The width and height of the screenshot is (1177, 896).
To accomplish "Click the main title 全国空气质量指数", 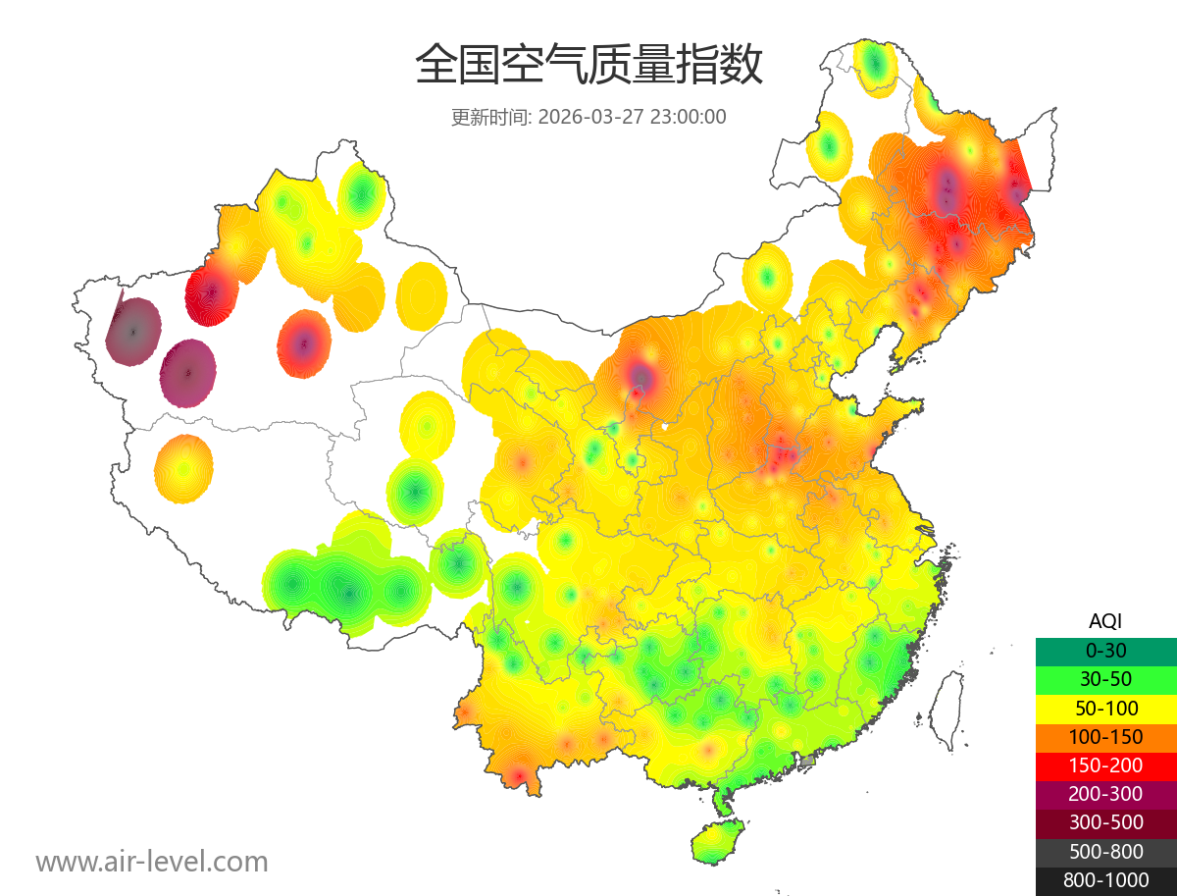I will [x=588, y=65].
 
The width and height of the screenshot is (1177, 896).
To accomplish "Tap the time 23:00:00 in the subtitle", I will [x=688, y=117].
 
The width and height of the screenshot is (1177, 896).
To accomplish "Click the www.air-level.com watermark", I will [x=152, y=862].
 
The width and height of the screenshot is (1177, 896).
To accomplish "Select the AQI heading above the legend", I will [x=1105, y=620].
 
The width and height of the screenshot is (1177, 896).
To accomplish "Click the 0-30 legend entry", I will [x=1105, y=651].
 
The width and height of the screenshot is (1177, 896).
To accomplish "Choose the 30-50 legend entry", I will [x=1105, y=679].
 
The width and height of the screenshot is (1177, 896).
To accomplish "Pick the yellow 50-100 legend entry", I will [x=1105, y=708].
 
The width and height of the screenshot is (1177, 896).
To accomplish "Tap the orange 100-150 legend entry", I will [x=1105, y=737].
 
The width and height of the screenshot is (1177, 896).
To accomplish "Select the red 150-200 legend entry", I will [x=1105, y=765].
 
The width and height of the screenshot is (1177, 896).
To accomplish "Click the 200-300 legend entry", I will [x=1105, y=794].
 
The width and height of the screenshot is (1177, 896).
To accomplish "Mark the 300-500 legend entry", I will [x=1105, y=822].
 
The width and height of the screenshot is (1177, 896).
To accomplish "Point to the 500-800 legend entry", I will [x=1105, y=852].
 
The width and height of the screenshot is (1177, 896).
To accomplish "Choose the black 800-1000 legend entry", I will [x=1105, y=880].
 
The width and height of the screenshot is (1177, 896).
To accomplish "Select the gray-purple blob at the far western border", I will [x=133, y=332].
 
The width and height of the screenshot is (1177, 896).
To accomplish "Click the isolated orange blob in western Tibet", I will [x=183, y=469].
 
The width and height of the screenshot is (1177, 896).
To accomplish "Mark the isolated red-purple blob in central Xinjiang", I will [x=304, y=343].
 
